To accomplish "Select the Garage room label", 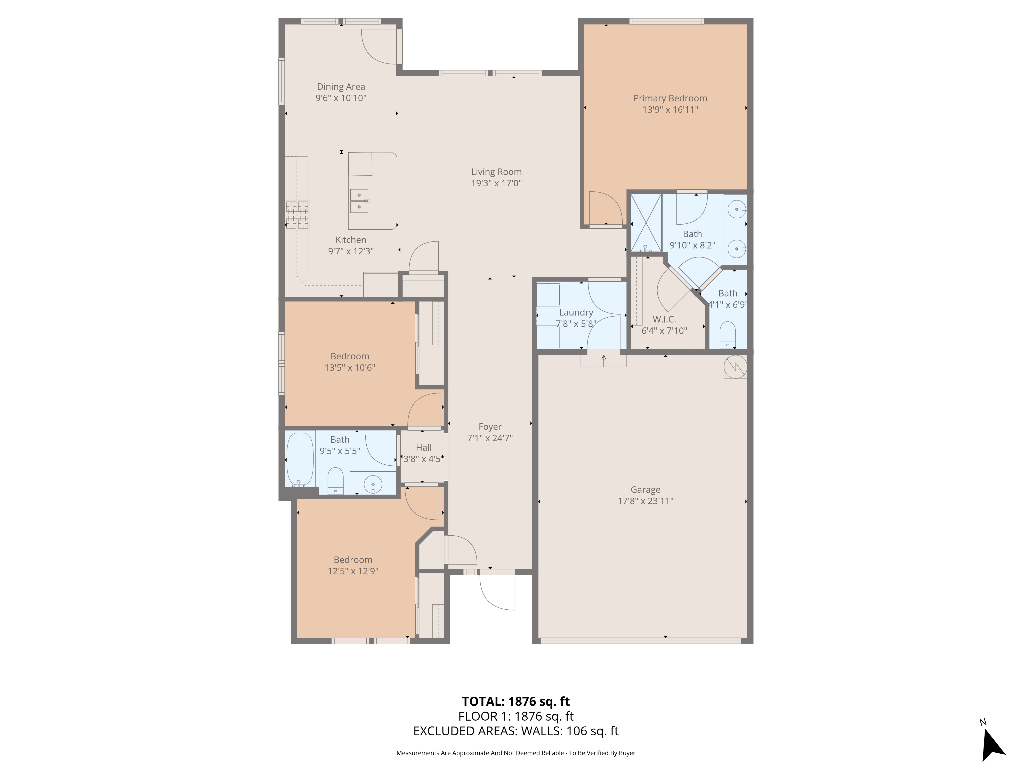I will tap(645, 489).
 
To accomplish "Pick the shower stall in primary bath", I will tap(646, 223).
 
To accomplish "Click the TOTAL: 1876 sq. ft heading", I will tap(515, 701).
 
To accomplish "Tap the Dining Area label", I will tap(341, 87).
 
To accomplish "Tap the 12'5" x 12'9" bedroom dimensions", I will tap(353, 571).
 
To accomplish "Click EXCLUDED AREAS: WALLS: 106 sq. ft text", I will tap(515, 731).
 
